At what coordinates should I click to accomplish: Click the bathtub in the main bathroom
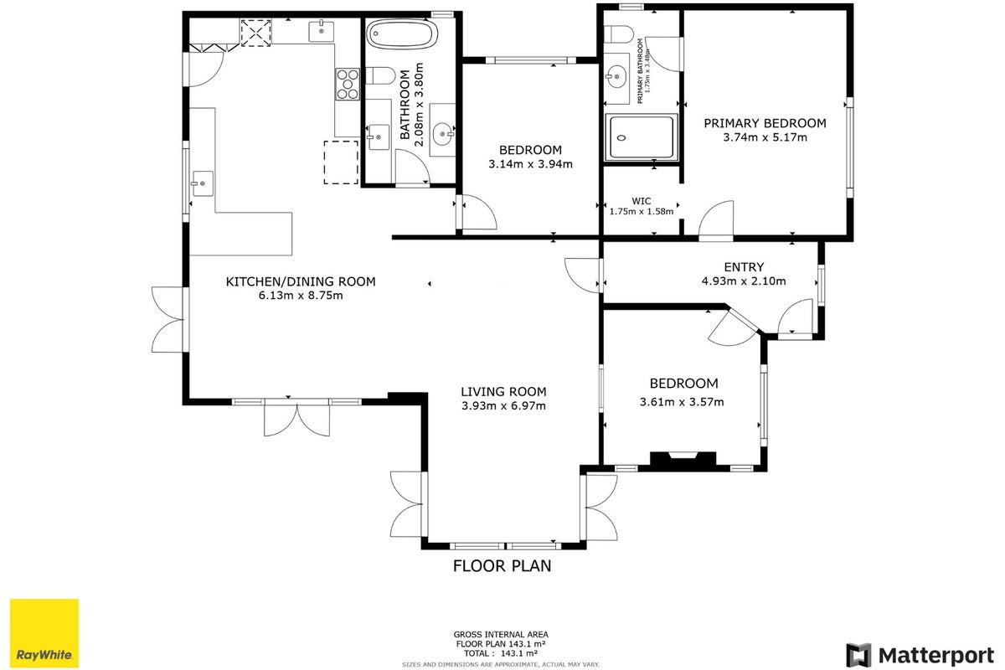pyautogui.click(x=401, y=33)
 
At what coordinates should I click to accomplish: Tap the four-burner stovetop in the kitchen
pyautogui.click(x=348, y=84)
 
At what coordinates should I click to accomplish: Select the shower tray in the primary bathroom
pyautogui.click(x=641, y=137)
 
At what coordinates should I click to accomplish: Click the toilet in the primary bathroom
pyautogui.click(x=618, y=33)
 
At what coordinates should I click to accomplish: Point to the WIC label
pyautogui.click(x=642, y=201)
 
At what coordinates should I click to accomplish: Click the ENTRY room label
pyautogui.click(x=744, y=267)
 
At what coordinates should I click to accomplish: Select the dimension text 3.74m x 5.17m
pyautogui.click(x=765, y=137)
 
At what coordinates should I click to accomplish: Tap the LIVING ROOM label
pyautogui.click(x=503, y=392)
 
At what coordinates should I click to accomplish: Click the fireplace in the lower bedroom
pyautogui.click(x=683, y=461)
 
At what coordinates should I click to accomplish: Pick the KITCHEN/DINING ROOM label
pyautogui.click(x=301, y=282)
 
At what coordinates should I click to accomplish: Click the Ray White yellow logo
pyautogui.click(x=44, y=633)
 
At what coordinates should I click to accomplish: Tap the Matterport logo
pyautogui.click(x=920, y=656)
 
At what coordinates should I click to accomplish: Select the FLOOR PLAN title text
pyautogui.click(x=502, y=566)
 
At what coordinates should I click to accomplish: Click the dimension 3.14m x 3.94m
pyautogui.click(x=530, y=164)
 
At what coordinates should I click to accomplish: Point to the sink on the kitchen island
pyautogui.click(x=203, y=183)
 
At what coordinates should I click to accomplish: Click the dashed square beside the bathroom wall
pyautogui.click(x=341, y=162)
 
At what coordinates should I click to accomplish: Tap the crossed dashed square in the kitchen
pyautogui.click(x=256, y=33)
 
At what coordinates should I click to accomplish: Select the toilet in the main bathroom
pyautogui.click(x=380, y=75)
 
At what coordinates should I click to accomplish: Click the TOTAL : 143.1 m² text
pyautogui.click(x=501, y=653)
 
